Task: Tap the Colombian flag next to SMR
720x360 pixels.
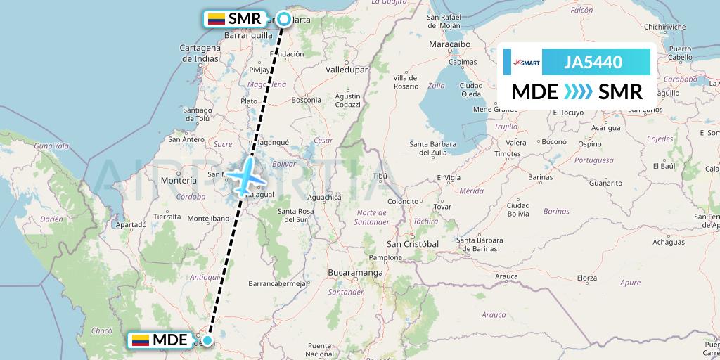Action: (x=215, y=19)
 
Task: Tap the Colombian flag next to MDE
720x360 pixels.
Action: (x=140, y=341)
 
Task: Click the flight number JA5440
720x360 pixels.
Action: (x=593, y=63)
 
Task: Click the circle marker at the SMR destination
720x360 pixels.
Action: (x=283, y=19)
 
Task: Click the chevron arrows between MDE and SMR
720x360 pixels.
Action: (x=578, y=92)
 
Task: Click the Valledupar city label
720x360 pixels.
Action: (x=348, y=71)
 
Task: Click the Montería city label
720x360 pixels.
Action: (x=179, y=181)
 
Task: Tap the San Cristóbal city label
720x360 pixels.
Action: (x=413, y=243)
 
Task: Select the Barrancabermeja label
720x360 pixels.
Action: (x=279, y=283)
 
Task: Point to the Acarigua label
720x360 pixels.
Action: (x=606, y=128)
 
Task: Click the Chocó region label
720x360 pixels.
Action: (x=102, y=330)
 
